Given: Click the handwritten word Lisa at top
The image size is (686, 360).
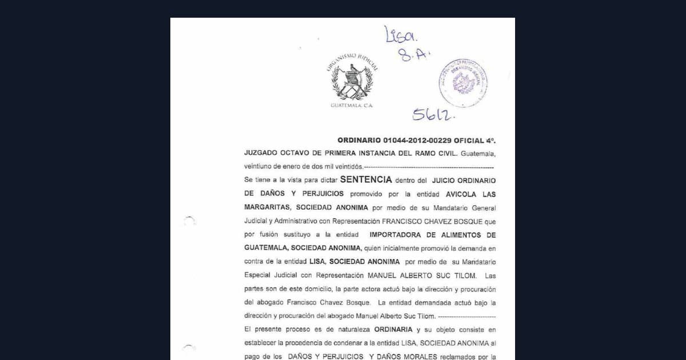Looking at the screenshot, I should click(x=401, y=35).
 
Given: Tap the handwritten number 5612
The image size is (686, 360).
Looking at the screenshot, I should click(x=433, y=114).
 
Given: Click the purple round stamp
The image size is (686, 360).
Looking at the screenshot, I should click(x=463, y=83).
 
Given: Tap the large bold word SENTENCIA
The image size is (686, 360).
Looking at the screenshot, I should click(x=366, y=179).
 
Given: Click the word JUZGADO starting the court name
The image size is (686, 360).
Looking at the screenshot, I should click(x=262, y=154).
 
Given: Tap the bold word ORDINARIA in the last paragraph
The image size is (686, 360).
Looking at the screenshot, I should click(x=393, y=330).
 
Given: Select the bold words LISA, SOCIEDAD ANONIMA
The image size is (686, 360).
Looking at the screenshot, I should click(x=354, y=262).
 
